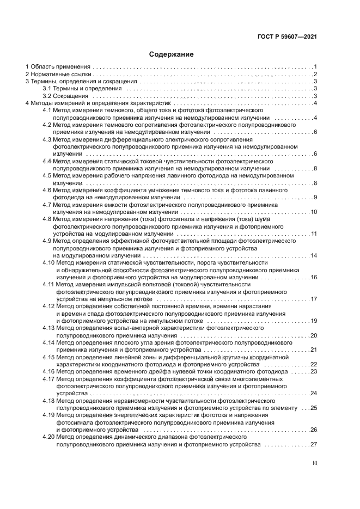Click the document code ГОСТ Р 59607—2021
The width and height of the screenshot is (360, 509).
(287, 37)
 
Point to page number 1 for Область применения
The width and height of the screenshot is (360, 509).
(315, 67)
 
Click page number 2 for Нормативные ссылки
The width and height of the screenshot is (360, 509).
(315, 74)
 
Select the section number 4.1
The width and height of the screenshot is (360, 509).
(47, 110)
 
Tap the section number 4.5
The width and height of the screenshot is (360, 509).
(47, 176)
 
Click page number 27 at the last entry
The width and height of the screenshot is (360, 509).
(314, 444)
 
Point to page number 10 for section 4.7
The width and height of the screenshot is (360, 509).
(314, 212)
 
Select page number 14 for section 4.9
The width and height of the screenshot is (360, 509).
(314, 255)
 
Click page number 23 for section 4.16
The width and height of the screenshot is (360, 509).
(314, 371)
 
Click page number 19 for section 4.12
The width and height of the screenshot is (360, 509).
(314, 321)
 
